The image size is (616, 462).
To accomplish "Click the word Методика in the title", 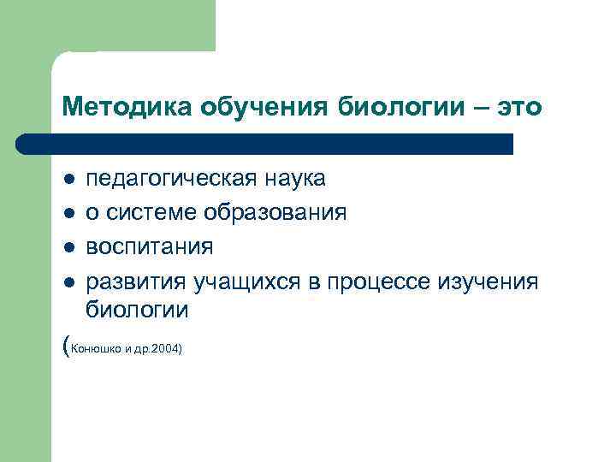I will coord(127,108).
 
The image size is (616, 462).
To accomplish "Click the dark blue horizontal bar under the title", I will coord(265,144).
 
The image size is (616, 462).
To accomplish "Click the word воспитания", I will coord(150,247).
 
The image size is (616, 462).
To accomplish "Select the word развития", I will coord(137,281).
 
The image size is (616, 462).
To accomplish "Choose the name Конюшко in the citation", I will coord(92,349).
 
